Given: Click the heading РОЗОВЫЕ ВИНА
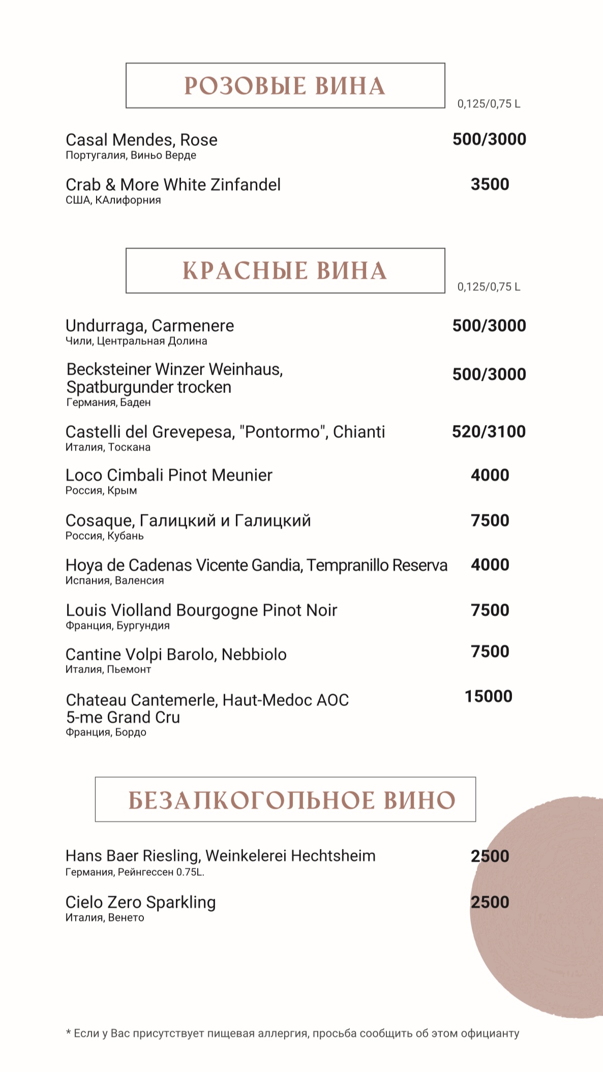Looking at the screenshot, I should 285,86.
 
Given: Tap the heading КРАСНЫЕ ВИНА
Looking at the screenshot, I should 285,271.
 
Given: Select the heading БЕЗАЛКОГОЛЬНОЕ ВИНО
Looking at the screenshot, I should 291,800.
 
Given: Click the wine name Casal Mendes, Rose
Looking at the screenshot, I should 141,140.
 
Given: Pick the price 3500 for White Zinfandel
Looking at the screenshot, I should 490,185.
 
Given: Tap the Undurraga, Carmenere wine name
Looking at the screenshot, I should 149,326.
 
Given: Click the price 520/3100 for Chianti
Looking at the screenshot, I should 489,432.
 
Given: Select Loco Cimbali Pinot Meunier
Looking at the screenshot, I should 169,475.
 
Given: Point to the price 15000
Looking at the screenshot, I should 488,696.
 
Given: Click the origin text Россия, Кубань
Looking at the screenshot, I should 105,536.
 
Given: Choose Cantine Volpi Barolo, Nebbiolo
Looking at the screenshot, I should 176,655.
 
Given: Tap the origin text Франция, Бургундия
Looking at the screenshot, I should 117,625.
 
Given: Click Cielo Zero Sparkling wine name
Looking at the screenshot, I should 140,902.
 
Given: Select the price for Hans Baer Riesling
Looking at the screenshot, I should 490,856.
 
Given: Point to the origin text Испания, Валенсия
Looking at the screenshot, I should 115,580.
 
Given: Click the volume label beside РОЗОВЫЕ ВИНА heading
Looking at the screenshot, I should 489,104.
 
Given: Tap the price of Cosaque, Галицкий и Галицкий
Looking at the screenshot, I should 490,520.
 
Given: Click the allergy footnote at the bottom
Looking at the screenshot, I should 292,1033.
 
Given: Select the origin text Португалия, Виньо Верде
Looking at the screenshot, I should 131,156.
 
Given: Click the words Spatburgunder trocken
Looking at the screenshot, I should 149,387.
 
